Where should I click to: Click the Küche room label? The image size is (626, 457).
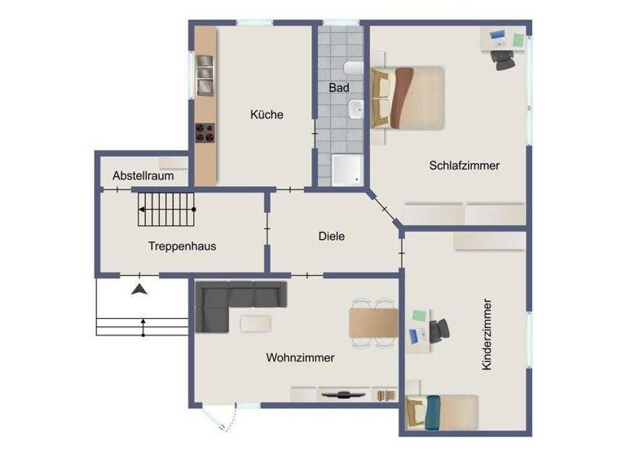coord(267,115)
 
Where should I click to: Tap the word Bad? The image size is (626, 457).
coord(338,87)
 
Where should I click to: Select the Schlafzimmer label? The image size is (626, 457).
coord(464,166)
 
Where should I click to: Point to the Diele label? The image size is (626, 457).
coord(332,237)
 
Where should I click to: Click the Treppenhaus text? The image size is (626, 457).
coord(182,246)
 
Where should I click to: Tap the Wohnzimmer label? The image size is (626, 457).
coord(300,357)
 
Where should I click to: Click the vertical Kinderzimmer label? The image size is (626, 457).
coord(487,335)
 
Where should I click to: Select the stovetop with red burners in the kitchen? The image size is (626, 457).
coord(205,131)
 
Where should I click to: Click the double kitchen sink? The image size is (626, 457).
coord(205,75)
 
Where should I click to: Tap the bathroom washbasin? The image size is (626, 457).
coord(355,109)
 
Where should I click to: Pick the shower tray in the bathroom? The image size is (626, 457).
coord(346,169)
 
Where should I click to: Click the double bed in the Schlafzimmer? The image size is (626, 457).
coord(408,97)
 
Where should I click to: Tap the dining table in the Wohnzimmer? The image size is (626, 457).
coord(373,322)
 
